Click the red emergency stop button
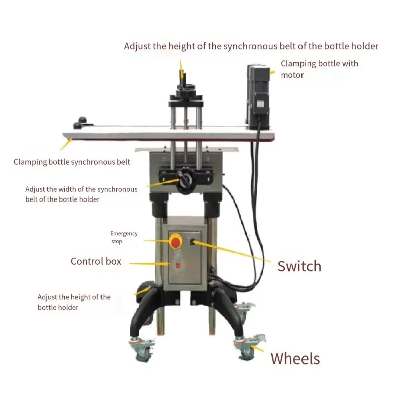point(175,241)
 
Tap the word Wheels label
point(295,358)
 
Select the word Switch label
point(299,266)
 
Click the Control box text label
point(96,261)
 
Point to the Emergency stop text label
point(124,237)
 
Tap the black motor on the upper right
point(258,97)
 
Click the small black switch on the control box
point(193,242)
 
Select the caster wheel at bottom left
point(142,349)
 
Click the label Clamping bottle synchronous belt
point(72,162)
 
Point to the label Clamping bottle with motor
point(320,69)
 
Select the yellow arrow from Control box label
point(149,263)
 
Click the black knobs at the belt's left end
point(81,123)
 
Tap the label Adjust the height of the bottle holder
point(74,302)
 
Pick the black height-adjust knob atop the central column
point(185,90)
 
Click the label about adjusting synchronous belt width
point(81,194)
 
